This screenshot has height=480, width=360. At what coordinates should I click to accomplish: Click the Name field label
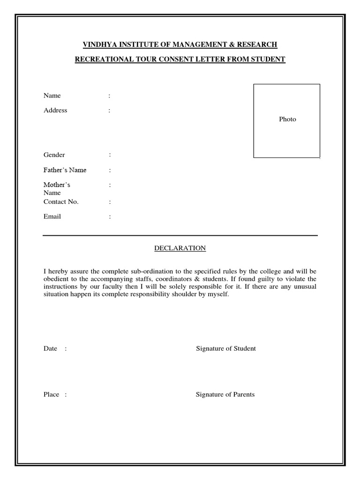[x=52, y=96]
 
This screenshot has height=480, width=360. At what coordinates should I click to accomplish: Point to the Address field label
[x=55, y=111]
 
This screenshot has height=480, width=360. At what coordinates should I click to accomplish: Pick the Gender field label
[x=54, y=155]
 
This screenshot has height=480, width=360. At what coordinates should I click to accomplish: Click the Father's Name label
[x=65, y=170]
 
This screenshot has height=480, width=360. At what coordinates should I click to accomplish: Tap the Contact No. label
[x=61, y=202]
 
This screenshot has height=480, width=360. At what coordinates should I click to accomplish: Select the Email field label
[x=52, y=217]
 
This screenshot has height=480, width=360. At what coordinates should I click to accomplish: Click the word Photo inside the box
[x=287, y=120]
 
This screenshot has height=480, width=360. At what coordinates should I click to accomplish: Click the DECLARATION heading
[x=180, y=248]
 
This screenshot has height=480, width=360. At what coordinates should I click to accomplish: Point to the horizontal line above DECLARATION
[x=180, y=235]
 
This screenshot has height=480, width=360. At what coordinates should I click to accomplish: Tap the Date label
[x=50, y=349]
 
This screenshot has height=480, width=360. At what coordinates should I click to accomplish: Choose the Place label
[x=51, y=395]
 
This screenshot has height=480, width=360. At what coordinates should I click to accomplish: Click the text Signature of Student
[x=225, y=349]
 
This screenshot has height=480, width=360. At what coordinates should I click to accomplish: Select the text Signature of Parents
[x=225, y=395]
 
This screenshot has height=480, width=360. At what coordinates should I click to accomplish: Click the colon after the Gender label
[x=110, y=155]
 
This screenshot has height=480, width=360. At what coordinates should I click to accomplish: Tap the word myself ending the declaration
[x=218, y=294]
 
